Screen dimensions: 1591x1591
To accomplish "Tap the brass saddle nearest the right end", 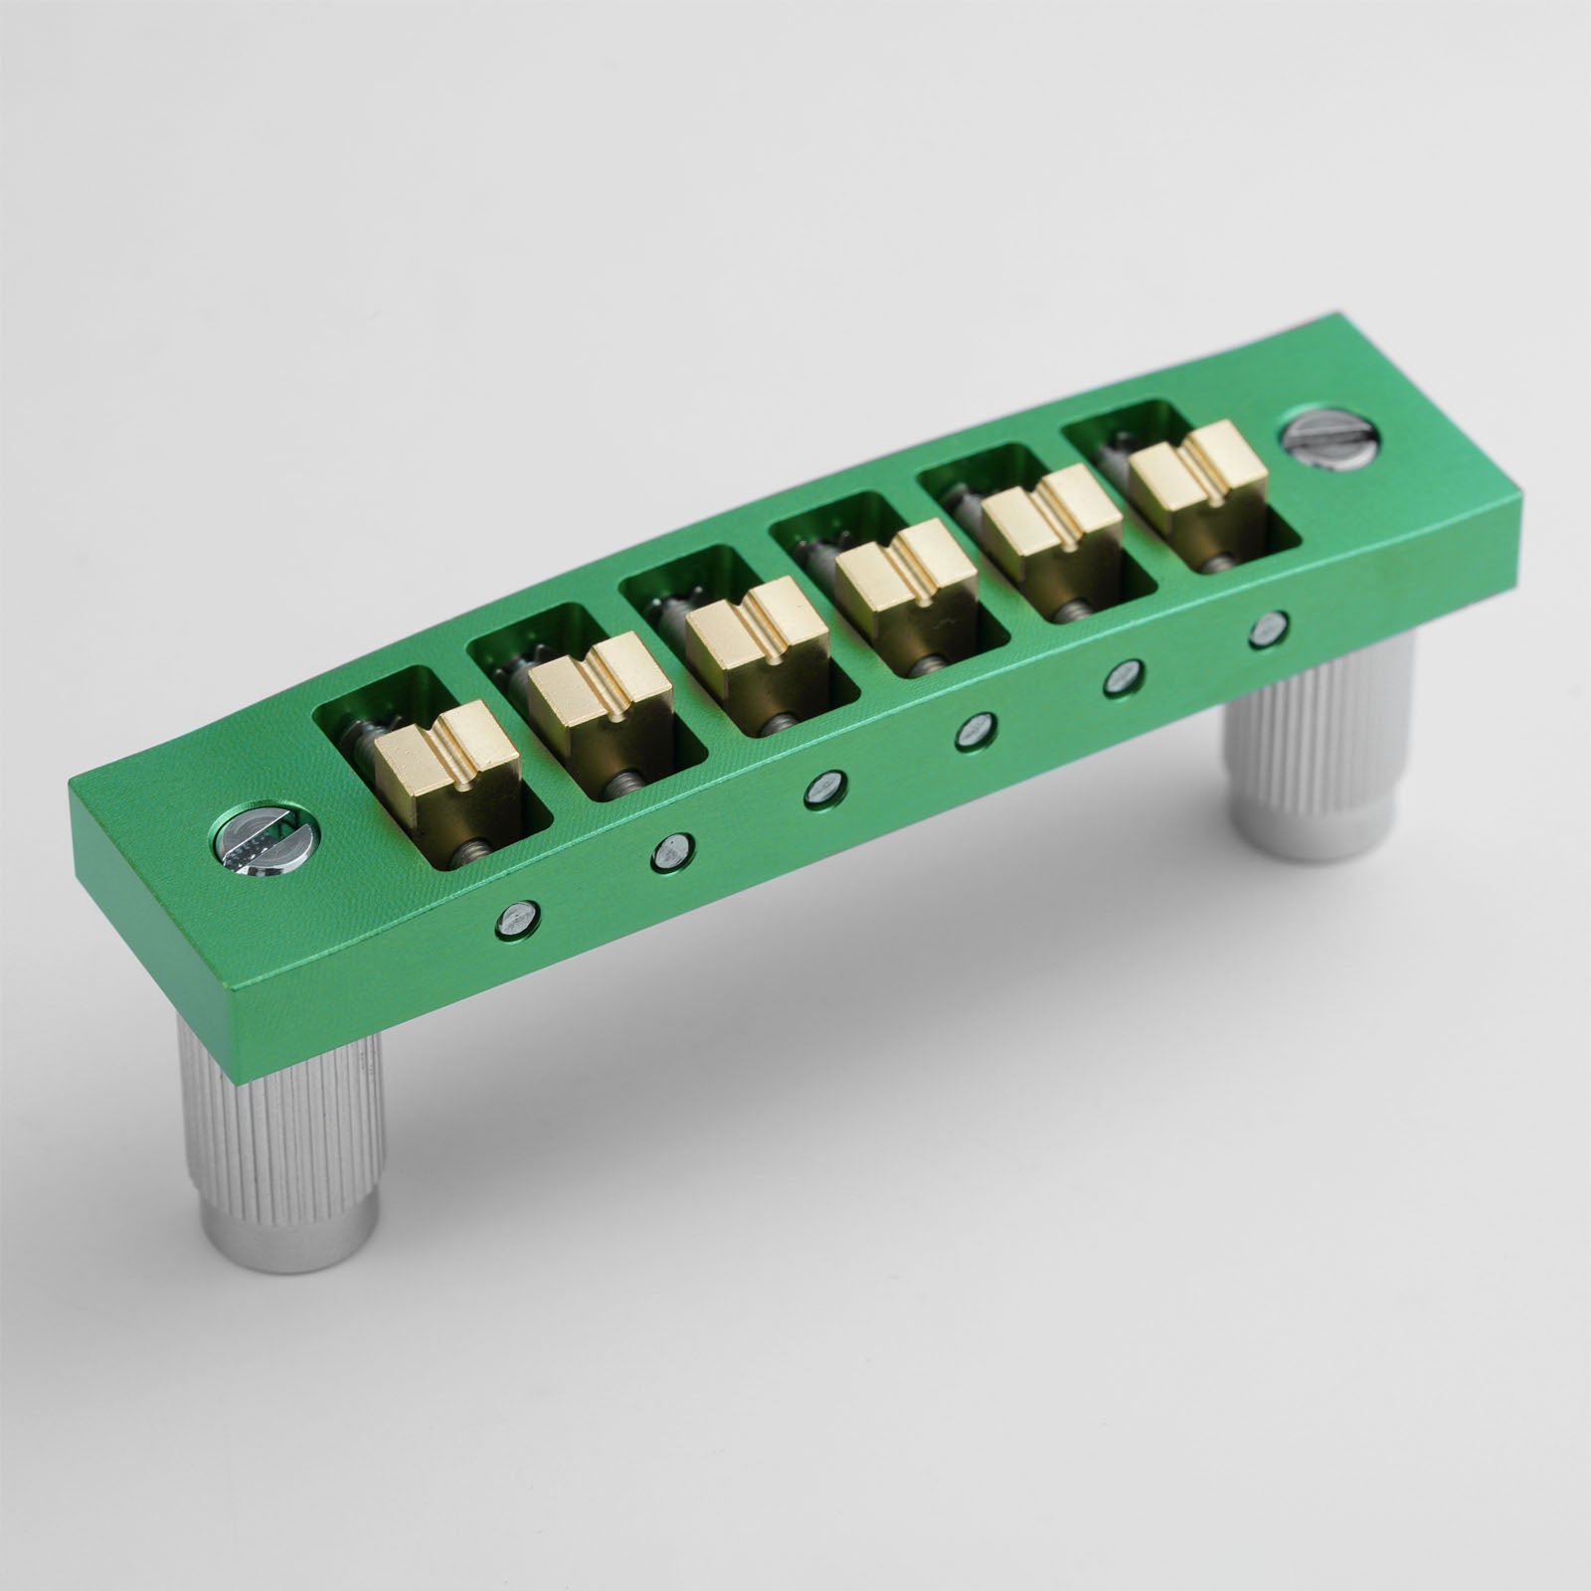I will pos(1198,471).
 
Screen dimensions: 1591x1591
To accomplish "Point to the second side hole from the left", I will pos(673,851).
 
